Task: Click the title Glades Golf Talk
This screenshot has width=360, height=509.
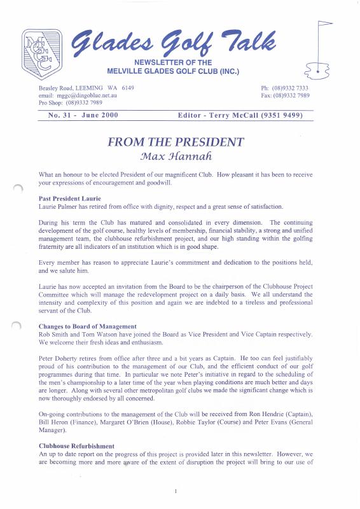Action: coord(172,44)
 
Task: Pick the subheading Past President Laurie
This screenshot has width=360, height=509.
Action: coord(70,199)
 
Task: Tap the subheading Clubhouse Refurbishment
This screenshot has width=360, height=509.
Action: coord(76,446)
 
